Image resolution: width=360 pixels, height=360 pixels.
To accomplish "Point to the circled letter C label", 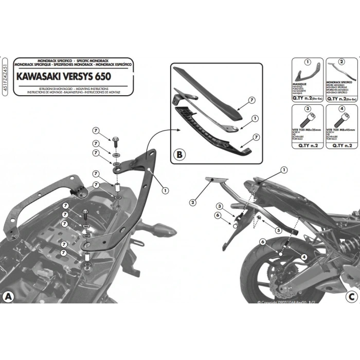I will pos(351,297).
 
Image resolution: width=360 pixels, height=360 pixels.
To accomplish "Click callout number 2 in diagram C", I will pos(192,203).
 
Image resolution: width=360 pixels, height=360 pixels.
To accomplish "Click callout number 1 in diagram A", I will pos(165,190).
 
